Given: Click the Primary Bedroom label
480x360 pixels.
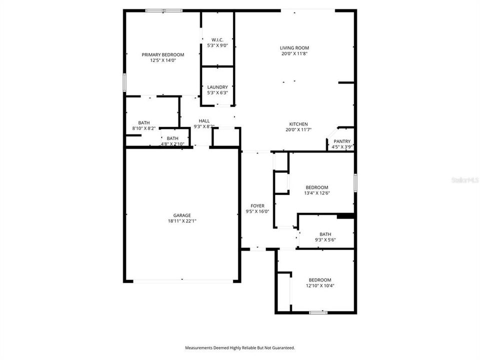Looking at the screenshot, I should (x=163, y=54).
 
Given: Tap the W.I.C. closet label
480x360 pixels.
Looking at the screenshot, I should (x=217, y=39).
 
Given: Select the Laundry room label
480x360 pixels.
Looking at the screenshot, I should (x=217, y=86).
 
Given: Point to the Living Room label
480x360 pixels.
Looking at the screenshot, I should (x=294, y=48).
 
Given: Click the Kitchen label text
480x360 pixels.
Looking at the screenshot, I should (x=298, y=124).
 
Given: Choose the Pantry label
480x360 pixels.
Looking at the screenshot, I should (x=342, y=141).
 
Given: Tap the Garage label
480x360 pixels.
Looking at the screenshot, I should (x=182, y=215).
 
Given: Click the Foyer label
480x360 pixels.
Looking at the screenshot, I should (x=257, y=205).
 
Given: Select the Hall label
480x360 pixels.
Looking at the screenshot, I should (x=204, y=120).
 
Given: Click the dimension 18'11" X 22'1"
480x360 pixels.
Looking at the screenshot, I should (x=182, y=221).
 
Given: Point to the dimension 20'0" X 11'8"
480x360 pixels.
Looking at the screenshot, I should (x=294, y=53).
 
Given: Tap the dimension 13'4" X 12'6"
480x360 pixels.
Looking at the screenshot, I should (x=317, y=193).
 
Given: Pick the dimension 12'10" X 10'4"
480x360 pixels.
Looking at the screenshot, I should (x=319, y=285).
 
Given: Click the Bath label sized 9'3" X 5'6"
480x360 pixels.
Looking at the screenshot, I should (x=325, y=234).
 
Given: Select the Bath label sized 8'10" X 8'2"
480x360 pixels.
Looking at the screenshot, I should (x=144, y=122).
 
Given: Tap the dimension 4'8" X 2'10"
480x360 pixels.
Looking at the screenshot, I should (x=172, y=144).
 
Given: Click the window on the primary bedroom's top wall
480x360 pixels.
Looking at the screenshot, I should (x=164, y=10).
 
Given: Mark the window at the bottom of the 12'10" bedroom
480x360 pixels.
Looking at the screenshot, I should (x=318, y=312).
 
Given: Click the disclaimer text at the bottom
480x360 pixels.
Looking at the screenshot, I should (x=240, y=347).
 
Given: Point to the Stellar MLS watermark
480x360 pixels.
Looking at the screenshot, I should (x=464, y=178).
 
